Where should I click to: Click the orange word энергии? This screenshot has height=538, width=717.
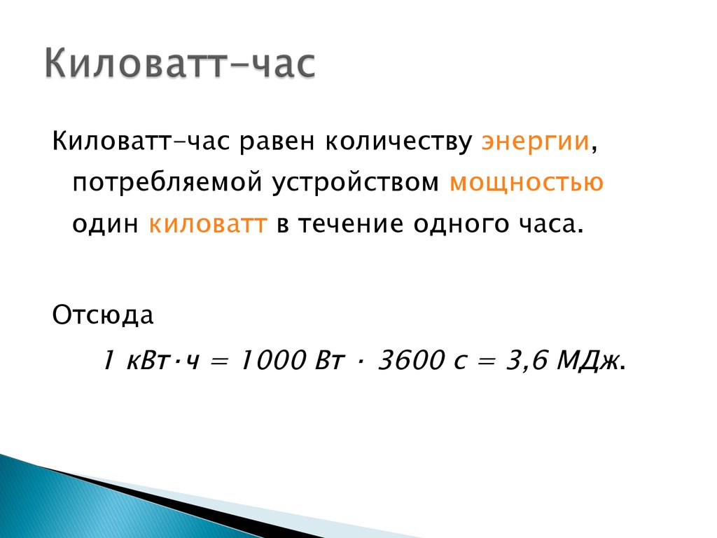[535, 142]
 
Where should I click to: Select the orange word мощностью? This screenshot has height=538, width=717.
[527, 183]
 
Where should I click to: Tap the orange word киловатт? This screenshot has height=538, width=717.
[207, 224]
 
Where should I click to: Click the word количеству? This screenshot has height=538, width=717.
[398, 142]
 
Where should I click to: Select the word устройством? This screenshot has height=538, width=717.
[355, 183]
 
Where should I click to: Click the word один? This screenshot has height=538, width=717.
[105, 224]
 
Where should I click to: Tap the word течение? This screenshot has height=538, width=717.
[350, 224]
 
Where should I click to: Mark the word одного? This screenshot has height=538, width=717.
[461, 224]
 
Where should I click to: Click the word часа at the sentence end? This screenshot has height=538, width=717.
[547, 224]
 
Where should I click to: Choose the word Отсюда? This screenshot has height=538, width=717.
[102, 315]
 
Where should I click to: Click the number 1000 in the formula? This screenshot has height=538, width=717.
[272, 360]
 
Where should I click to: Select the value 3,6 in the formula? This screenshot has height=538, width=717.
[527, 361]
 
